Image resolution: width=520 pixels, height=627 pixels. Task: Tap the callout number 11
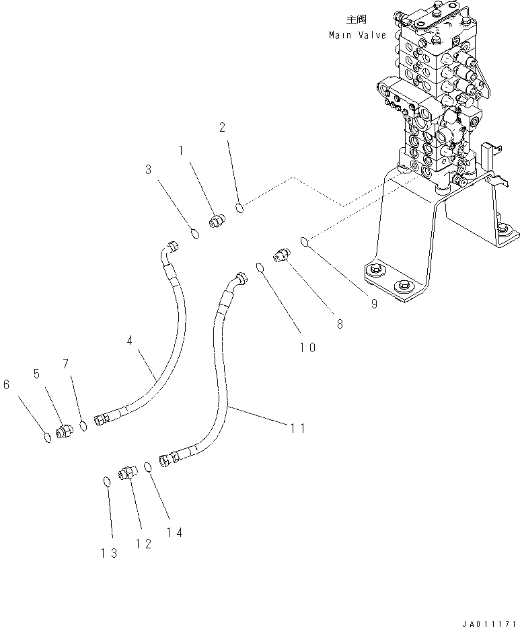coord(297,427)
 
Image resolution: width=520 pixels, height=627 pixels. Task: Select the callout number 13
coord(110,552)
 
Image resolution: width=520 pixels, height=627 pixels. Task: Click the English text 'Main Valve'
coord(357,35)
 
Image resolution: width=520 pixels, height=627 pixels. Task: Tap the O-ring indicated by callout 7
coord(83,425)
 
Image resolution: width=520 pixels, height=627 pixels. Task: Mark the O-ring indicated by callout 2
coord(240,209)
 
